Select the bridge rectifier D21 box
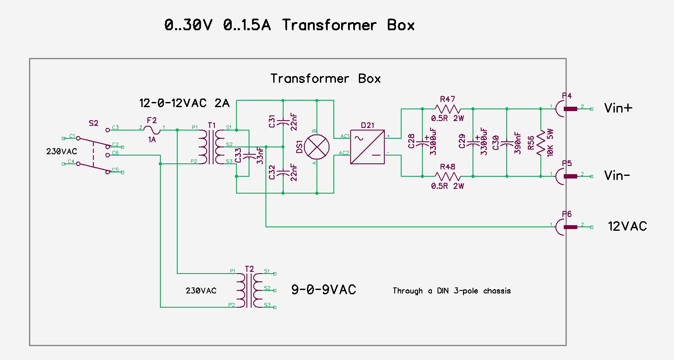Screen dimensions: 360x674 point(367,147)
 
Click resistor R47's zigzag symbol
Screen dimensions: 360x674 point(447,109)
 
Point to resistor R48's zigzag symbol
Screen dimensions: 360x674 point(447,176)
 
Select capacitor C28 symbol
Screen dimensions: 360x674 point(422,143)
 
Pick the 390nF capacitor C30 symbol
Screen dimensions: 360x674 point(507,143)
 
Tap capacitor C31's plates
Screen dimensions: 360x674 point(283,122)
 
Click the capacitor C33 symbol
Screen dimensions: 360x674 point(249,155)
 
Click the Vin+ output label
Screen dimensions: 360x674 point(618,108)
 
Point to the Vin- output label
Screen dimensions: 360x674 point(617,175)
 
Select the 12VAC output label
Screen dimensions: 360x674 point(627,226)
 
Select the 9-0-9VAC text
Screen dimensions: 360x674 point(323,290)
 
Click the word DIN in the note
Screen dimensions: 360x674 point(443,291)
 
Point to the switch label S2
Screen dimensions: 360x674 point(93,123)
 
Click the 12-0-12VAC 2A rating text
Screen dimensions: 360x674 point(184,103)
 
